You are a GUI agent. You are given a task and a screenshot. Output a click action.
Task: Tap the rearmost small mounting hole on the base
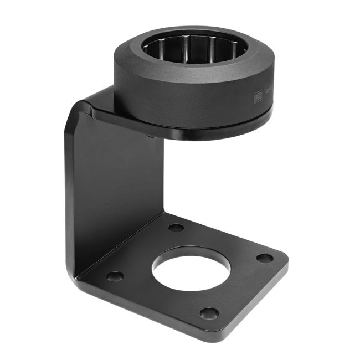(176, 227)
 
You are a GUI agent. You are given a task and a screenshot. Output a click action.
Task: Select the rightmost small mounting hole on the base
(265, 258)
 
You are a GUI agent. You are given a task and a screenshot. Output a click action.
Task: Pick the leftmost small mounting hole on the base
(115, 276)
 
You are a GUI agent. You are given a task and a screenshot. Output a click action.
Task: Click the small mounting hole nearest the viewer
(208, 313)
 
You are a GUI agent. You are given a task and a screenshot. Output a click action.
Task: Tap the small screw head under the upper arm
(151, 134)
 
